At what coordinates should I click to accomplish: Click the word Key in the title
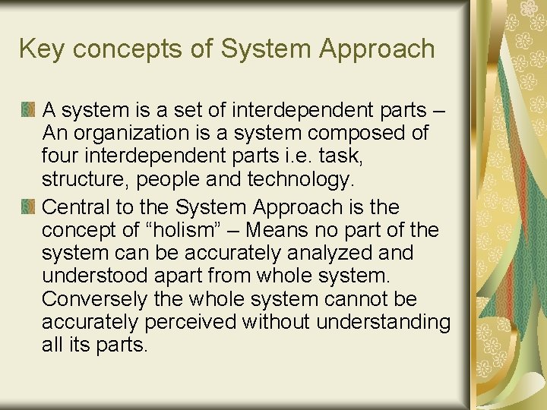coord(41,49)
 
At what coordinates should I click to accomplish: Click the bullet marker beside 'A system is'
coord(29,111)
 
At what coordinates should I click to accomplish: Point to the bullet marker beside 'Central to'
coord(29,207)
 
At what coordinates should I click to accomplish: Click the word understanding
coord(383,323)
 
